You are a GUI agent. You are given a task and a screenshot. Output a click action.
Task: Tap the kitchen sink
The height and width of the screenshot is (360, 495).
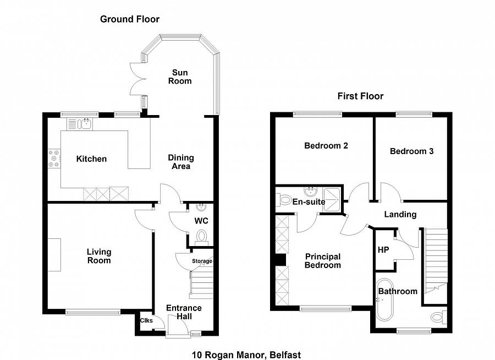(x=80, y=124)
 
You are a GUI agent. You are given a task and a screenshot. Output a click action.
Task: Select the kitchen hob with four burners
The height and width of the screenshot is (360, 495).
(x=54, y=158)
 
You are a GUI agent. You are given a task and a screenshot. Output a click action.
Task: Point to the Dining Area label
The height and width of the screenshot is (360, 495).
(x=181, y=161)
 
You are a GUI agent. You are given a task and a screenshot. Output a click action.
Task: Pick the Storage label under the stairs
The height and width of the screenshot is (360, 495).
(x=202, y=261)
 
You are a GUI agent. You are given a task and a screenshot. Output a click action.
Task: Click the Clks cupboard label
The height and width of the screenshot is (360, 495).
(x=146, y=321)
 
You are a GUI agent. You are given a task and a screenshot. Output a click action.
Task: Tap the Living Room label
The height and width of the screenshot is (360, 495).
(x=99, y=256)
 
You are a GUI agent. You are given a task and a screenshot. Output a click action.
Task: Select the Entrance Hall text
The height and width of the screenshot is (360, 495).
(x=184, y=312)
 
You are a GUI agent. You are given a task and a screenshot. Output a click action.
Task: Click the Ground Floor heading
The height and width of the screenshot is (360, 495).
(x=130, y=19)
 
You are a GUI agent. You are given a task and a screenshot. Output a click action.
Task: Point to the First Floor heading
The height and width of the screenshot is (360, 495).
(x=360, y=96)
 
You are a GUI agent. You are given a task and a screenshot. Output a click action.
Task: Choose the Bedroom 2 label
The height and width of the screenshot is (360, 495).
(x=326, y=146)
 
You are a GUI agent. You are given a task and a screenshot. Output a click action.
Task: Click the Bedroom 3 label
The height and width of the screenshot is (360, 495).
(x=411, y=151)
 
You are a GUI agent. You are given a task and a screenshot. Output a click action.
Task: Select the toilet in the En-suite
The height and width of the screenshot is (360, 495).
(x=283, y=199)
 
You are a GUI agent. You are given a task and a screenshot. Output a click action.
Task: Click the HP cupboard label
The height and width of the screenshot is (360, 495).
(x=383, y=249)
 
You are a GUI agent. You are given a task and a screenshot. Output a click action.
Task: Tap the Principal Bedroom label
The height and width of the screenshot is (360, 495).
(x=323, y=260)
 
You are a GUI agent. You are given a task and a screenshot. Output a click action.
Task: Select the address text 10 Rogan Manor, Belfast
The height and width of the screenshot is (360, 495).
(x=246, y=355)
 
